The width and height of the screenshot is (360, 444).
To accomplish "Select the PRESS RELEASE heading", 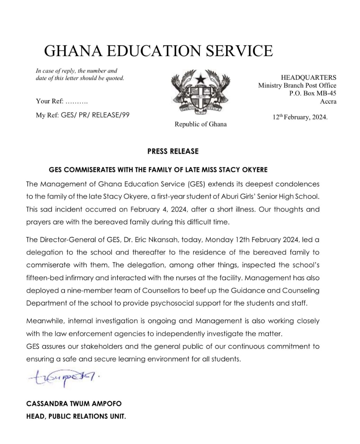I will pyautogui.click(x=173, y=151).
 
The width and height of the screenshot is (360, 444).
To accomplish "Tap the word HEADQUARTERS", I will pyautogui.click(x=308, y=77).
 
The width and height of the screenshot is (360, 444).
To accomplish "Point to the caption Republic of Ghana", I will pyautogui.click(x=200, y=124).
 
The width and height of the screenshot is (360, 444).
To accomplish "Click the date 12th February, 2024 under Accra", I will pyautogui.click(x=300, y=117).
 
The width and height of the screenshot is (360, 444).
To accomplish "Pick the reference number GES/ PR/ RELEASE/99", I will pyautogui.click(x=95, y=115).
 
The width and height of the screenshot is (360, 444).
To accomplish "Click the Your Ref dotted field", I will pyautogui.click(x=77, y=102).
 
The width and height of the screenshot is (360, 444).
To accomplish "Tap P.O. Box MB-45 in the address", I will pyautogui.click(x=313, y=93).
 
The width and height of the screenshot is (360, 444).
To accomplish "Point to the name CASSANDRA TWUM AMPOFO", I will pyautogui.click(x=74, y=404).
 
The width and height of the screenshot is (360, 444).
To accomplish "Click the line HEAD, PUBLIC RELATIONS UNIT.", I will pyautogui.click(x=76, y=416).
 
